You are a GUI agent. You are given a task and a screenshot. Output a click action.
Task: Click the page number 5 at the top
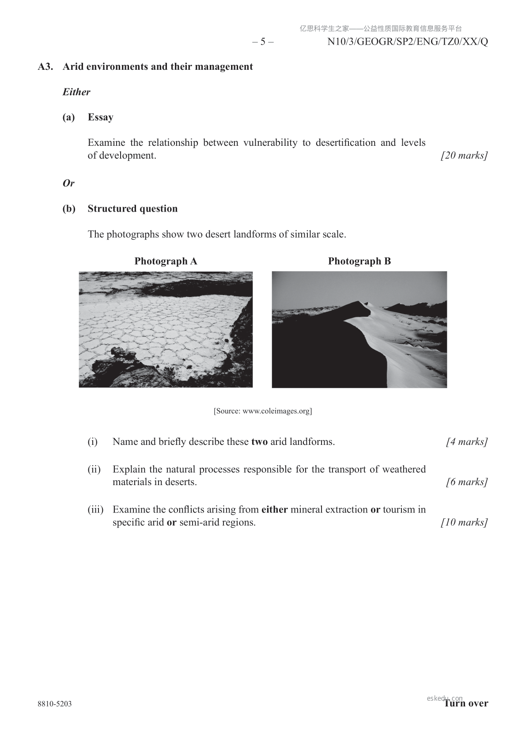263,42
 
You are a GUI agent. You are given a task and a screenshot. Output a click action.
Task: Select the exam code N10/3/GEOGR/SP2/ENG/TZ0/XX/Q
408,42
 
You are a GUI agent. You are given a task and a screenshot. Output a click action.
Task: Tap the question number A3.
45,67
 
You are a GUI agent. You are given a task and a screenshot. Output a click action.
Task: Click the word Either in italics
76,92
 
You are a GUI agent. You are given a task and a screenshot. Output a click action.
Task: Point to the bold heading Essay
101,117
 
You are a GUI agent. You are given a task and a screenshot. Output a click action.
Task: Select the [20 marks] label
464,156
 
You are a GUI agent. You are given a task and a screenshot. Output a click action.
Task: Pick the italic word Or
68,183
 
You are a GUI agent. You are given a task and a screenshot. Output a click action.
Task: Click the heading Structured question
132,209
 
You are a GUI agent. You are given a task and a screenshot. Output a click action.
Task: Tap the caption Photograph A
166,261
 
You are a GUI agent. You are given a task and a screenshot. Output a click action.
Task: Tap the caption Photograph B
359,261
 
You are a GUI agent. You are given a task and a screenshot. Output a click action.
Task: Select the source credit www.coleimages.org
263,411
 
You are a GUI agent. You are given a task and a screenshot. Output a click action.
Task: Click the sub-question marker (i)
92,442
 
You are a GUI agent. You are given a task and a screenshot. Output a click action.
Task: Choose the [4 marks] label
467,442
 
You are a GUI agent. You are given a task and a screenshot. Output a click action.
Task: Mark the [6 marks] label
467,482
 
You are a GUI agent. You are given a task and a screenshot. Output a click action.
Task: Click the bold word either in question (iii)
274,509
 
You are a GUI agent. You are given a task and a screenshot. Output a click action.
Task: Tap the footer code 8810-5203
55,704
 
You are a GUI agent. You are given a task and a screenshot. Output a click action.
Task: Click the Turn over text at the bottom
466,703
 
